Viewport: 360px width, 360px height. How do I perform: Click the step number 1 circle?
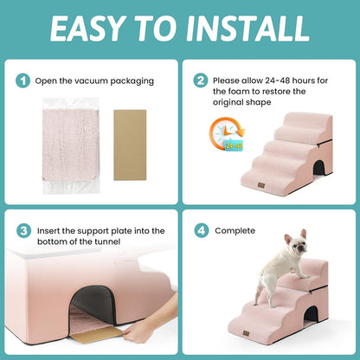click(x=23, y=80)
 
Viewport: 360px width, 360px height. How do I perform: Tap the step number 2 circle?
click(x=201, y=80)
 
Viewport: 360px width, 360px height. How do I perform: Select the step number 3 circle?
click(x=23, y=231)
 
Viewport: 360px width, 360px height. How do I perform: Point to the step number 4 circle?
click(x=201, y=231)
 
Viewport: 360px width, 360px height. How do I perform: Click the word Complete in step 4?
click(x=235, y=231)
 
